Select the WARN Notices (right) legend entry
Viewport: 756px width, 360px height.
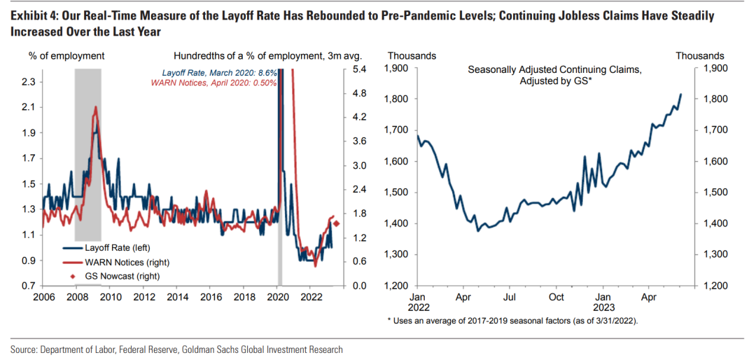120,261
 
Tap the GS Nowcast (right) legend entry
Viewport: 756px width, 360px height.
116,275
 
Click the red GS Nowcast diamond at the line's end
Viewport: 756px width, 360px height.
337,223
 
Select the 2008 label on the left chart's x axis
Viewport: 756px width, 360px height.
78,298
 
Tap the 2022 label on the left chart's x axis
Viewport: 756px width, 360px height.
310,298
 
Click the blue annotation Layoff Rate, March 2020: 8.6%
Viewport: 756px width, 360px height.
219,73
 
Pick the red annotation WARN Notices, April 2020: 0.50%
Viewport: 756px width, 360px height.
214,83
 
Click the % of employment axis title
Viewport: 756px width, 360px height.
66,55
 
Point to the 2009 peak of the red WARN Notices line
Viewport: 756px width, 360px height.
94,107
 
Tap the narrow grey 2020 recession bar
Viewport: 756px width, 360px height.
279,266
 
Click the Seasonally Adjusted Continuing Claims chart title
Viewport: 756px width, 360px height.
554,76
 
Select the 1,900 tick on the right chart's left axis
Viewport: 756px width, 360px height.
398,69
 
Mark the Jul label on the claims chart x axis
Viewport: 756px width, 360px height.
510,298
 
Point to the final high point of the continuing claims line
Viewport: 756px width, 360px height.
681,94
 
